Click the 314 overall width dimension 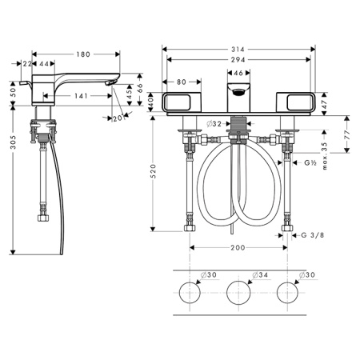point(238,50)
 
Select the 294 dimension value point(238,60)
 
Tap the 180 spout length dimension point(83,54)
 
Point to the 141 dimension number point(81,96)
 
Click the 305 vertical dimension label point(13,142)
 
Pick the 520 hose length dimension point(153,171)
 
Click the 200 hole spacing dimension point(238,248)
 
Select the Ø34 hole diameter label point(260,274)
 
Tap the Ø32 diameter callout point(214,124)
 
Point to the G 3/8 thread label point(313,235)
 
